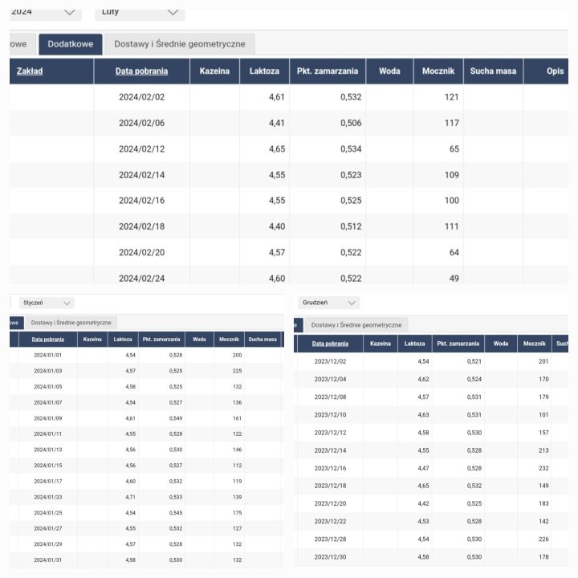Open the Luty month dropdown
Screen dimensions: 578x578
pos(139,12)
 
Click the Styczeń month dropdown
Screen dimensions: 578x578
pos(46,303)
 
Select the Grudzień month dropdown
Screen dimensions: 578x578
pos(328,303)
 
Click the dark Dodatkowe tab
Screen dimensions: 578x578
pos(70,44)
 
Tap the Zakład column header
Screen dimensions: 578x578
pos(30,71)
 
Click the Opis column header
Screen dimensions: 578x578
pos(555,71)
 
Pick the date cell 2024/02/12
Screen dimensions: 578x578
pos(140,149)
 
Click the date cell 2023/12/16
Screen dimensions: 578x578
pos(330,468)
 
